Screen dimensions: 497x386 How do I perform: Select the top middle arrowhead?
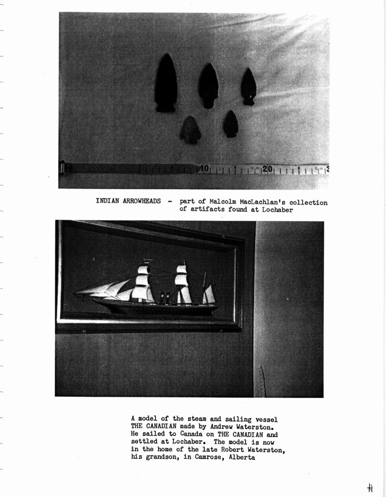208,85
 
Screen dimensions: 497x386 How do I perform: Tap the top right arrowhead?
248,86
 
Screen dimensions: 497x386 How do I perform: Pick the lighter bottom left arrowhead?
191,130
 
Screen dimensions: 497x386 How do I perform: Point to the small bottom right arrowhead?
230,124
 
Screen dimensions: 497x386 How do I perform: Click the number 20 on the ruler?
268,169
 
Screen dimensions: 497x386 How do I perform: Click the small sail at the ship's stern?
209,295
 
